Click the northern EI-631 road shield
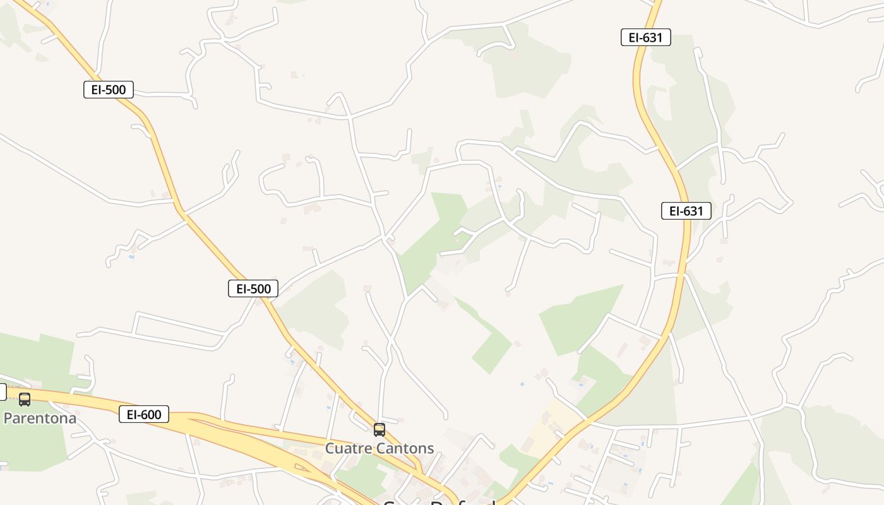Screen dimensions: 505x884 coord(645,37)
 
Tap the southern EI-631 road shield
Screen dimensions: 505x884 coord(686,211)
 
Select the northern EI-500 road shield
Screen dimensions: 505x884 coord(109,90)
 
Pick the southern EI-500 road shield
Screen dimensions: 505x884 coord(253,289)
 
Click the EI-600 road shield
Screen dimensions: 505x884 coord(144,415)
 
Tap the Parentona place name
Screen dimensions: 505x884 coord(40,418)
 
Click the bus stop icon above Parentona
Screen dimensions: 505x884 coord(25,399)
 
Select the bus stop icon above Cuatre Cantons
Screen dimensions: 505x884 coord(379,430)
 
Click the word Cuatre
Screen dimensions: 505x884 coord(347,449)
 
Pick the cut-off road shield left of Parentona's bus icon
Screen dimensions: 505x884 coord(2,392)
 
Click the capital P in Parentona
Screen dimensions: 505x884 coord(8,418)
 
